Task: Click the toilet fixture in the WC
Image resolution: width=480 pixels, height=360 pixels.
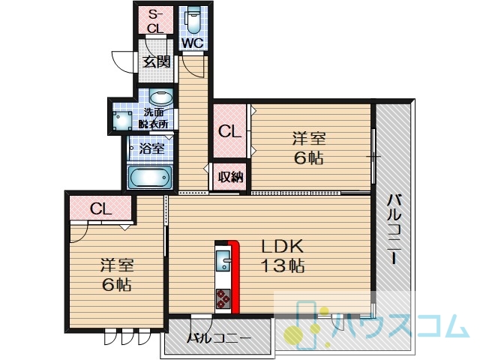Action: coord(193,19)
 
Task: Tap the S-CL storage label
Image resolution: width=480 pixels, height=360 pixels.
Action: coord(155,21)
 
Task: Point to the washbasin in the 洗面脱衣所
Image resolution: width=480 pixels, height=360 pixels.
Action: coord(161,97)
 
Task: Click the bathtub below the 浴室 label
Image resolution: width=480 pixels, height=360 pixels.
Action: coord(149,177)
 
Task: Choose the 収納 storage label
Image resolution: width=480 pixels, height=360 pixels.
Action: coord(231,177)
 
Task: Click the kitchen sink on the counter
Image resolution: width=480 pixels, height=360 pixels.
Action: coord(223,261)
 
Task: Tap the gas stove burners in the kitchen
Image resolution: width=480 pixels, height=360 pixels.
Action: coord(223,298)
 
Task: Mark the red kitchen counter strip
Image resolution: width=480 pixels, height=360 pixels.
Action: coord(235,277)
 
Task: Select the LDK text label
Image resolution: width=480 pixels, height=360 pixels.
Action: coord(282,246)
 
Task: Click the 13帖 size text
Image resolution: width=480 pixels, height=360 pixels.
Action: coord(282,265)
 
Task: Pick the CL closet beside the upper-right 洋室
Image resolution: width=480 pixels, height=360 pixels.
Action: coord(230,132)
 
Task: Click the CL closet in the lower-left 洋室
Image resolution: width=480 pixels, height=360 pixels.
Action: coord(100,208)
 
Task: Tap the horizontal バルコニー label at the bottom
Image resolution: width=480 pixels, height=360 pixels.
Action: coord(218,338)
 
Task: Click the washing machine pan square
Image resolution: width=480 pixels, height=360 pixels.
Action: coord(122,120)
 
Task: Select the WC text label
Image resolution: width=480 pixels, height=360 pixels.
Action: coord(193,43)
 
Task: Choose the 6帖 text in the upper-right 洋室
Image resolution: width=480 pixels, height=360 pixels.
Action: coord(309,158)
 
